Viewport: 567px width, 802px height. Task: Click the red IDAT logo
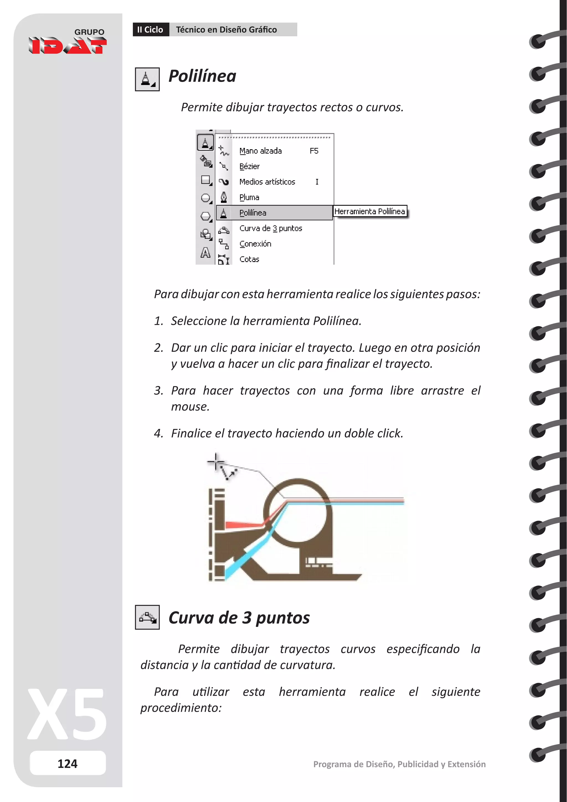click(x=68, y=46)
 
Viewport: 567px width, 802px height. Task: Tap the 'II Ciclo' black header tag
click(x=150, y=30)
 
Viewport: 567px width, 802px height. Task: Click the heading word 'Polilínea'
click(x=202, y=76)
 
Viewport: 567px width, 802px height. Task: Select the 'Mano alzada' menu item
click(x=261, y=151)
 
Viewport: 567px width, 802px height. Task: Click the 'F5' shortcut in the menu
click(x=314, y=151)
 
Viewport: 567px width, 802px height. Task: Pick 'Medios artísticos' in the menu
click(x=267, y=182)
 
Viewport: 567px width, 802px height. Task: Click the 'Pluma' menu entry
click(x=249, y=197)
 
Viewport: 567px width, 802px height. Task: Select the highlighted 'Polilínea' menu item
click(x=253, y=213)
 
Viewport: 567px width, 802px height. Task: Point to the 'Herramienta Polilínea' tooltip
click(x=370, y=211)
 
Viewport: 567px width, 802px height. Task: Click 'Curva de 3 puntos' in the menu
click(x=270, y=228)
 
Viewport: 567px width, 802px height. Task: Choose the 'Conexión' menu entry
click(x=255, y=244)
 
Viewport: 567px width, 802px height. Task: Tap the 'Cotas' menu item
click(x=249, y=259)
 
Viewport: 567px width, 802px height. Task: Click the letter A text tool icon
click(x=205, y=253)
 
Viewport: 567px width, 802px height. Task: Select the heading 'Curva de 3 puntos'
click(x=239, y=618)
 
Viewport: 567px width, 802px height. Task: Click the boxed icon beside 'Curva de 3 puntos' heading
click(x=147, y=617)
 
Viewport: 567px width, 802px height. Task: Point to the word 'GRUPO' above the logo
click(x=89, y=32)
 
